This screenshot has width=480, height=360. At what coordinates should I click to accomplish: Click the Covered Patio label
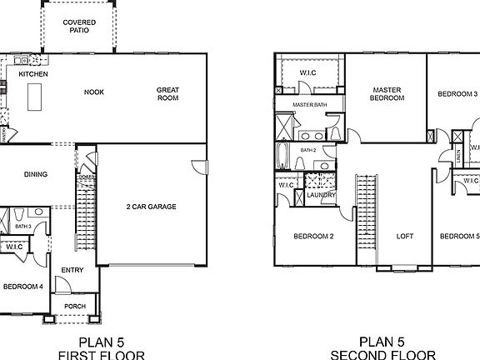80,26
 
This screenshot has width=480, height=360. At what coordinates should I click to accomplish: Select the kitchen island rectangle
35,99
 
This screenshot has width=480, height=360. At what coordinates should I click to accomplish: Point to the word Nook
93,92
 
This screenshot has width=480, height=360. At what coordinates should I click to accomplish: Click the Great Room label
168,93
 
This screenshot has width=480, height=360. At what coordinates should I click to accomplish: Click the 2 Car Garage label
151,207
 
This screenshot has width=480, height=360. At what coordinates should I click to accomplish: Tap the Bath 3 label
22,227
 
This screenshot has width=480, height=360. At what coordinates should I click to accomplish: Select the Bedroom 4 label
22,286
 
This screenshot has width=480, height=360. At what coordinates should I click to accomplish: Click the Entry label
72,269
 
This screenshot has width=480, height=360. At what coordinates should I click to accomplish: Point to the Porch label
75,306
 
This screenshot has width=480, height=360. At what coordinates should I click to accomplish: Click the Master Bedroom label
388,93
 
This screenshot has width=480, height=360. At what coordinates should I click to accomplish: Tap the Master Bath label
309,104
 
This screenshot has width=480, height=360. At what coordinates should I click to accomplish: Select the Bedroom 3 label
457,94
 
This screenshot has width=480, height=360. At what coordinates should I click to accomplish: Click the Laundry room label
320,195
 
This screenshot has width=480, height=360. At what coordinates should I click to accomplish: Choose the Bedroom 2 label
313,236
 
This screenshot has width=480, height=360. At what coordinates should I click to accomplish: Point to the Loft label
404,236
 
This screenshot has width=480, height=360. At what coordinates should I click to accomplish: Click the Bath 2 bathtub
283,155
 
